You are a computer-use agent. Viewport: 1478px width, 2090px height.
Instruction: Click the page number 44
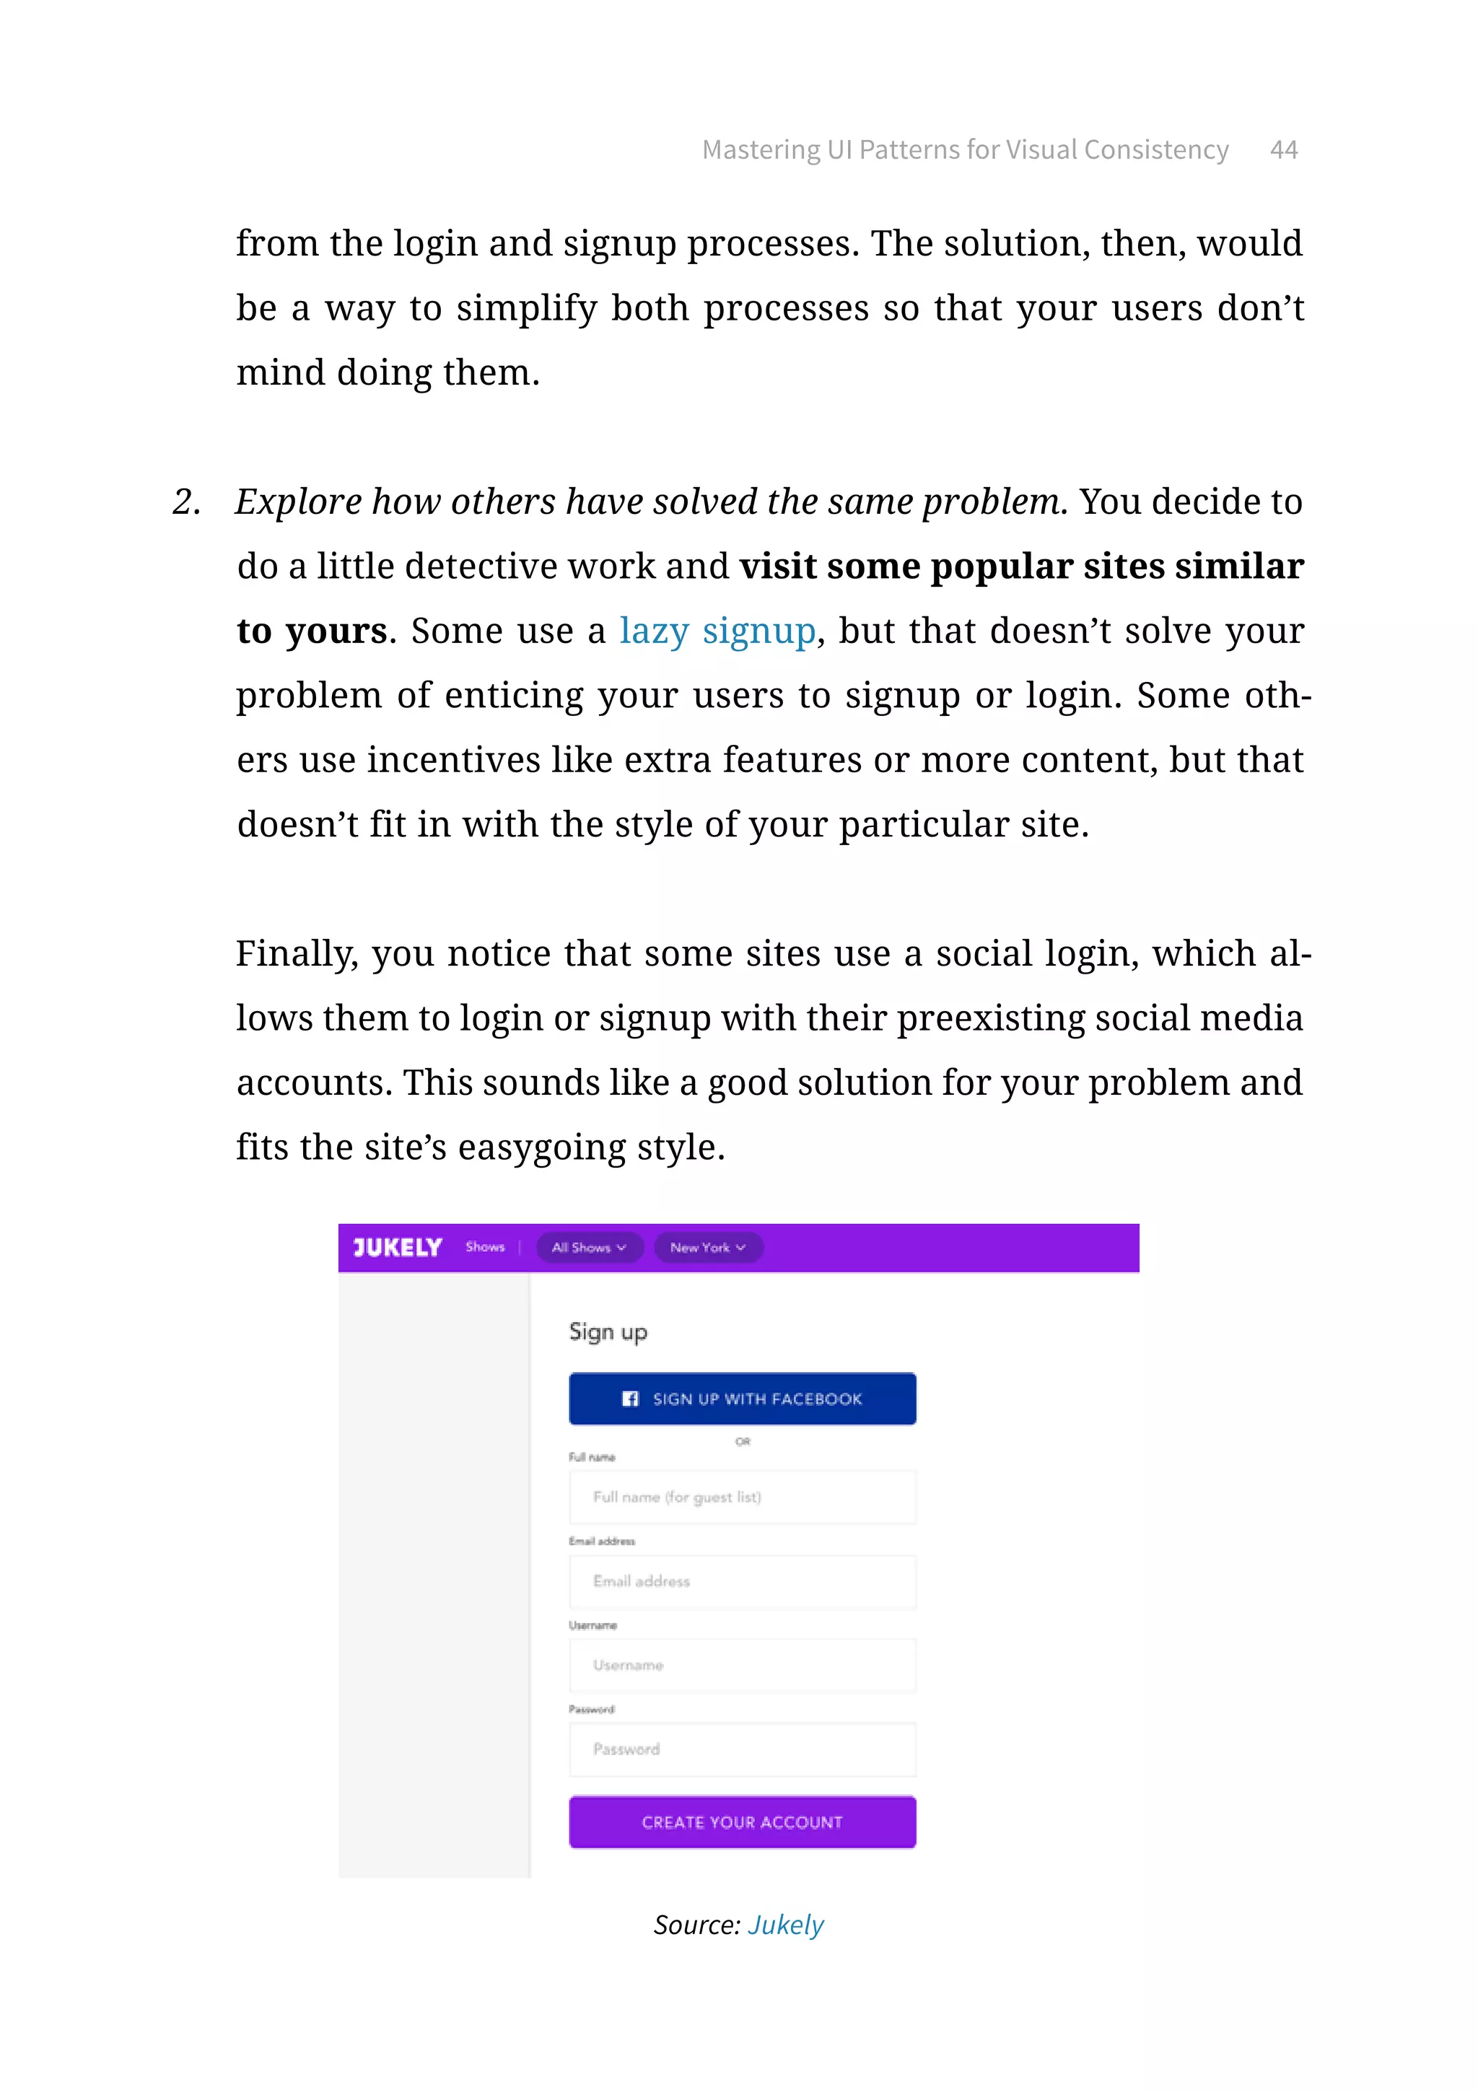1283,150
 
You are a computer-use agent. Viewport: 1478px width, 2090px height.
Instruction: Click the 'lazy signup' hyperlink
717,631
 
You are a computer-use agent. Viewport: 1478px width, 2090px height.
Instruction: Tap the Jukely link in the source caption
785,1924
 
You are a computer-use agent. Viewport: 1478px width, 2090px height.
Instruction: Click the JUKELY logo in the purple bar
398,1247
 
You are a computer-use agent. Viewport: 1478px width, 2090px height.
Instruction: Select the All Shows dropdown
589,1247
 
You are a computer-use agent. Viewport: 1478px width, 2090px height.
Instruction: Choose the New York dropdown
707,1247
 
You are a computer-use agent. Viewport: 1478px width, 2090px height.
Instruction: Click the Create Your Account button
742,1822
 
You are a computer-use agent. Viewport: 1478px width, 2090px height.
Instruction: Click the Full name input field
742,1497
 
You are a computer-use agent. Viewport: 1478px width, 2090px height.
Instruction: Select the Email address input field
742,1581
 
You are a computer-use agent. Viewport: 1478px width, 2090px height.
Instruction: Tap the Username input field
742,1665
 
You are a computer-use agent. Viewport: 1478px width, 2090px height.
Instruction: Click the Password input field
742,1749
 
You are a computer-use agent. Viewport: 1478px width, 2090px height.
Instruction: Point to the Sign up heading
608,1332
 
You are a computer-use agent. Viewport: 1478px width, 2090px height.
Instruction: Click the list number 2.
185,502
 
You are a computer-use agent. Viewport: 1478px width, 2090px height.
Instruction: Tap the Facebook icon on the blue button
630,1398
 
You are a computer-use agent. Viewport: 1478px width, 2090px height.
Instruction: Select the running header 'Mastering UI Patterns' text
965,150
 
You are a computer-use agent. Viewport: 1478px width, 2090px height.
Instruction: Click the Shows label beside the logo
484,1247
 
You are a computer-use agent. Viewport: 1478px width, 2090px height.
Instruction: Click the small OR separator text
743,1441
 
